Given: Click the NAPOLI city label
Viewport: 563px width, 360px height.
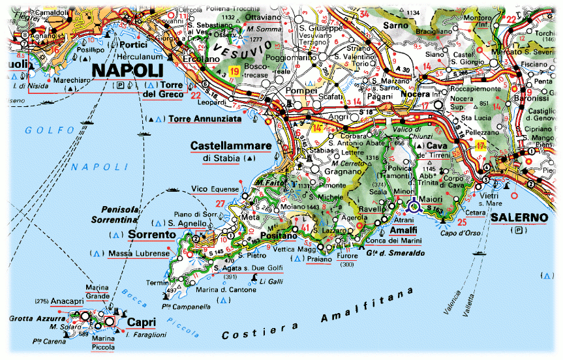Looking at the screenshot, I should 127,70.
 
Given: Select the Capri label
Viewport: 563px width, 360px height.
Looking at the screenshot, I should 141,322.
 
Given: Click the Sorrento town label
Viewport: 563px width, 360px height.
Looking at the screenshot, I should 151,234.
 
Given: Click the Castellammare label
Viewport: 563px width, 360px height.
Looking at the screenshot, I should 230,145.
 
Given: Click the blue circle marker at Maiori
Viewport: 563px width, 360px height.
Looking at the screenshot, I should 414,207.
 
